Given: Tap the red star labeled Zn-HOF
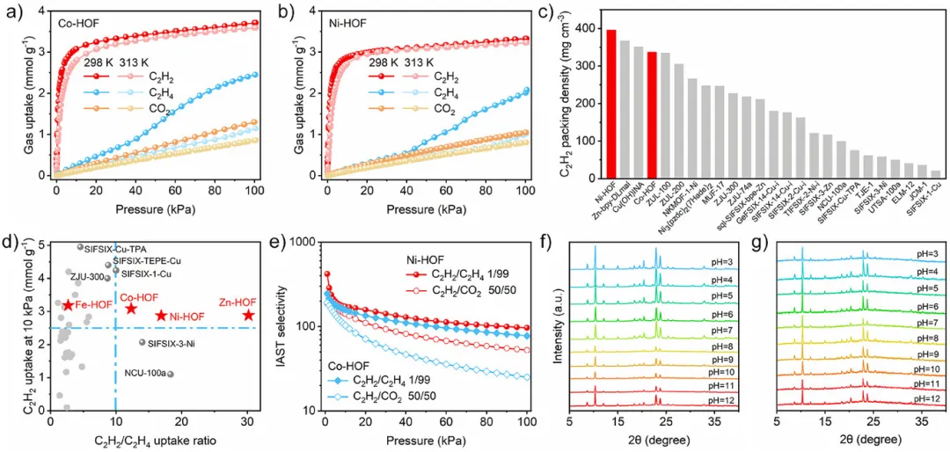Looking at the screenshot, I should (x=250, y=315).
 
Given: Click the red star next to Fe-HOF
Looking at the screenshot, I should (x=68, y=305).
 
